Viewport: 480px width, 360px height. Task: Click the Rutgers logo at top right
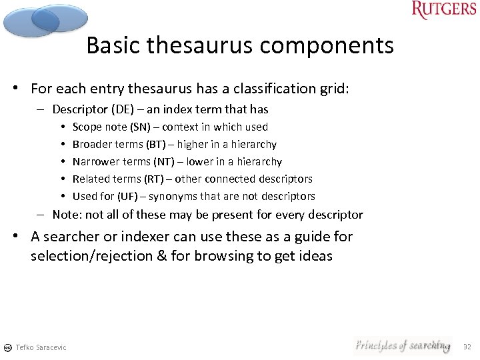click(444, 10)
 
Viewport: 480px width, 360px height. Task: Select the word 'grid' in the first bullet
click(334, 89)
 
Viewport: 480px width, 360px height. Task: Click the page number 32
click(467, 347)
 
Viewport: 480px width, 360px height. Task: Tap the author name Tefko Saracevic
click(41, 347)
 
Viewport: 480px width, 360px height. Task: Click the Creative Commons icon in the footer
click(7, 347)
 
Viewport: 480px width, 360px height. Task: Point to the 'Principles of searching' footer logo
click(402, 345)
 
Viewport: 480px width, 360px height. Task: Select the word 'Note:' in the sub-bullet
click(67, 215)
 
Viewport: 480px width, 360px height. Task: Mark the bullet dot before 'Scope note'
click(61, 127)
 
